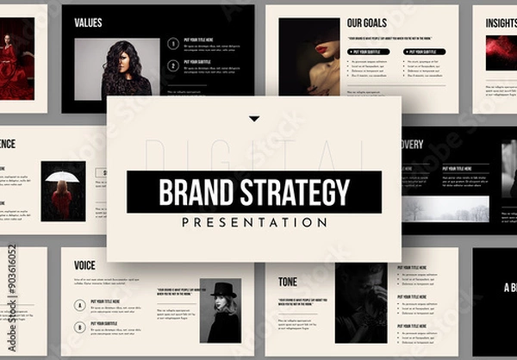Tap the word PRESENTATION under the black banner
click(254, 221)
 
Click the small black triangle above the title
click(254, 119)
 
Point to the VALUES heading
click(90, 22)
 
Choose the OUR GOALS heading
click(366, 22)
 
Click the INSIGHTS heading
click(501, 22)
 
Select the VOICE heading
click(84, 265)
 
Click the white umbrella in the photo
click(62, 177)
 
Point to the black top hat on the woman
click(223, 290)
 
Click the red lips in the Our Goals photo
click(323, 48)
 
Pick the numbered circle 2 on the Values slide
click(173, 65)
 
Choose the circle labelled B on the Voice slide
click(80, 326)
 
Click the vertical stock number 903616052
click(11, 285)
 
